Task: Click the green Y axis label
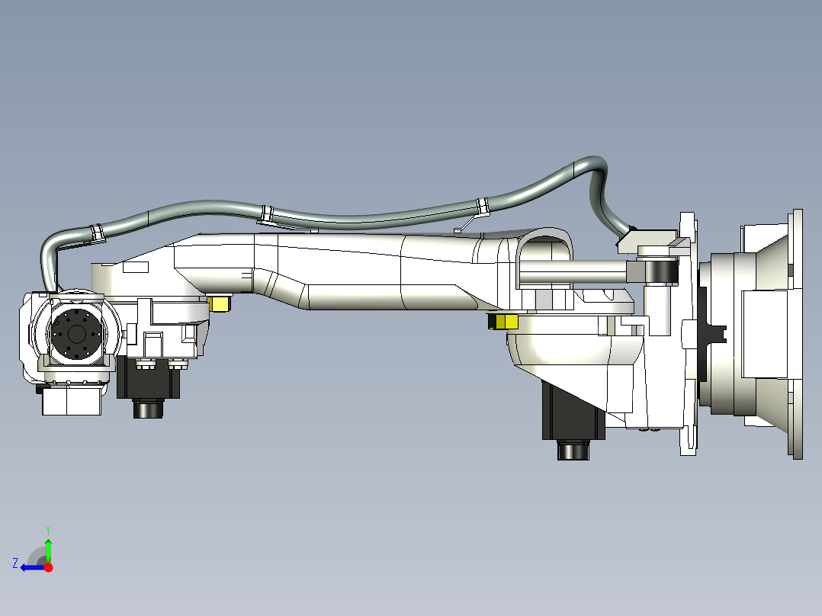pyautogui.click(x=47, y=529)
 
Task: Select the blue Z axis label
pyautogui.click(x=15, y=563)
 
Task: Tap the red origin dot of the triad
pyautogui.click(x=48, y=567)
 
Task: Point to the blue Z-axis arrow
pyautogui.click(x=31, y=567)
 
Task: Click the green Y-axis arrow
pyautogui.click(x=48, y=550)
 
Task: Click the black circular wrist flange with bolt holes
pyautogui.click(x=75, y=334)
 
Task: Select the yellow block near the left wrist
pyautogui.click(x=221, y=303)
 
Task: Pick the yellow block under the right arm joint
pyautogui.click(x=503, y=322)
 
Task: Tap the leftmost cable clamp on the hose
pyautogui.click(x=98, y=231)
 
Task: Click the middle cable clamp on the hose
pyautogui.click(x=266, y=214)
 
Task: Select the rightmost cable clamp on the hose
pyautogui.click(x=482, y=207)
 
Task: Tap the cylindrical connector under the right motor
pyautogui.click(x=574, y=451)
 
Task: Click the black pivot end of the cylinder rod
pyautogui.click(x=660, y=271)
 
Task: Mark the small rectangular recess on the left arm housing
pyautogui.click(x=136, y=268)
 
